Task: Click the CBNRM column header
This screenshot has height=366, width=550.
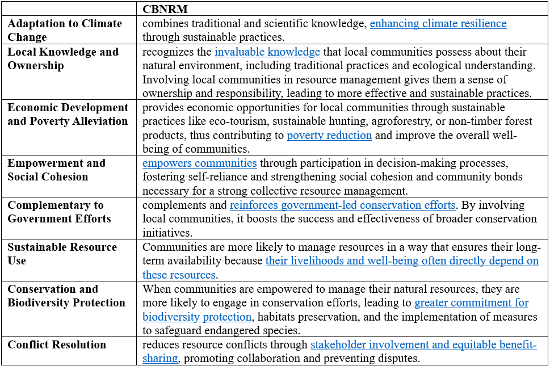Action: [x=165, y=9]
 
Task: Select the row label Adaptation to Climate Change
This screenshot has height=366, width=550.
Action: [x=65, y=30]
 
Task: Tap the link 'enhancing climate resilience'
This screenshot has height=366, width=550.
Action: [x=438, y=24]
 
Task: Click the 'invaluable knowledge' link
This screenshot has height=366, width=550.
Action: [x=267, y=52]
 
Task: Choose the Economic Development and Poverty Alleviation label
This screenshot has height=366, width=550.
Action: [x=68, y=114]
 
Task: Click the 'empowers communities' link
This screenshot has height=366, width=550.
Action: [x=200, y=163]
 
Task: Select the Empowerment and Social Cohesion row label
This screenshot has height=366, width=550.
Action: [x=56, y=170]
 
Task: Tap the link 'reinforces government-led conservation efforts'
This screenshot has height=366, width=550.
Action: [x=342, y=205]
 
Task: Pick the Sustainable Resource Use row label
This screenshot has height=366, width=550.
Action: [x=62, y=254]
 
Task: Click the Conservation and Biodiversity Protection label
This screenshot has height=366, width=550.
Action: [x=66, y=296]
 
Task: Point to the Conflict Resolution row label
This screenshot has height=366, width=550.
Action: [x=57, y=344]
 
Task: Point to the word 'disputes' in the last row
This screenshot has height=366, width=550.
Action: [x=400, y=359]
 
